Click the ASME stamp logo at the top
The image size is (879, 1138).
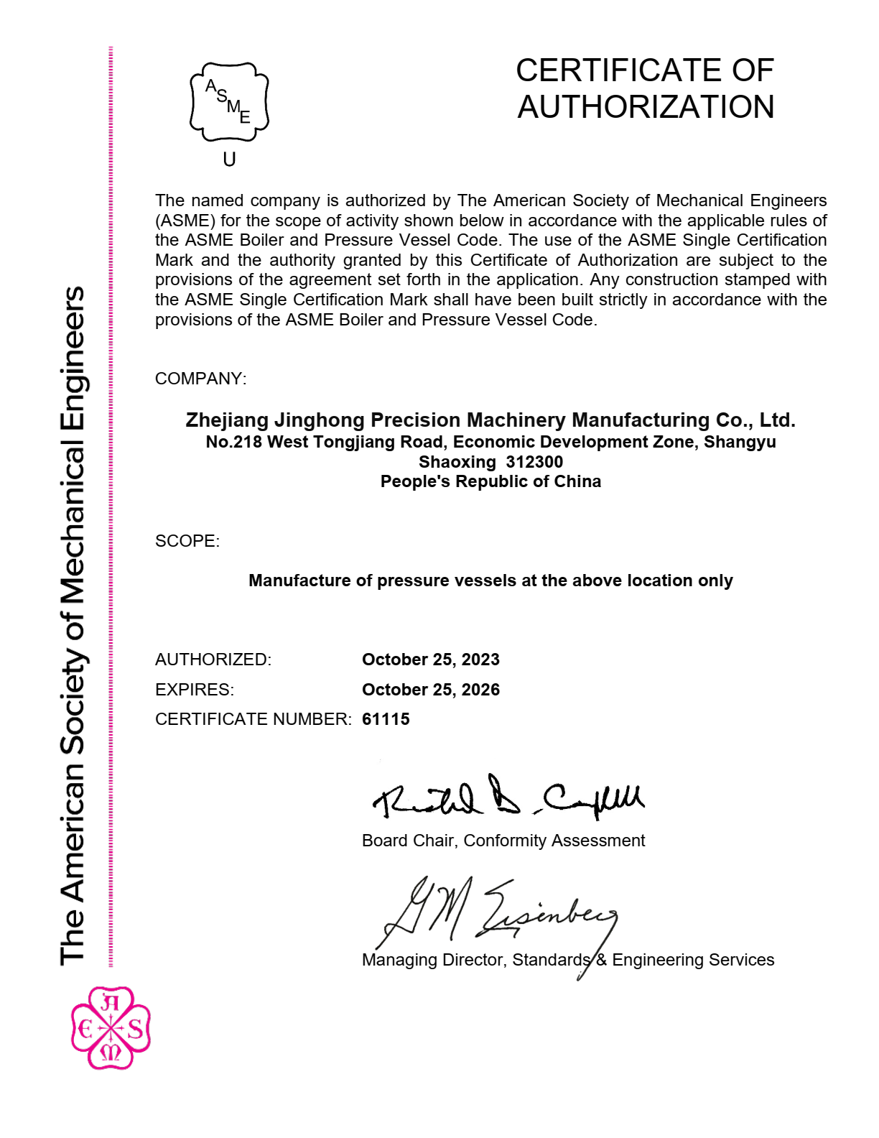(x=229, y=102)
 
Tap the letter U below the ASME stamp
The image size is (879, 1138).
(x=229, y=159)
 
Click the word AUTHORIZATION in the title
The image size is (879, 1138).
(x=646, y=107)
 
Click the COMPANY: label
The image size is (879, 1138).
(x=200, y=379)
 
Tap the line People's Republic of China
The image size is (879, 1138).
(x=490, y=481)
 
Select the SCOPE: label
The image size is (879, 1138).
(x=187, y=541)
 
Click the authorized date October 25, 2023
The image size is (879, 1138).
(x=430, y=660)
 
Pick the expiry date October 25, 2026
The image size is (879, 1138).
(x=430, y=690)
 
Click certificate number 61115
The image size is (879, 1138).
(x=386, y=719)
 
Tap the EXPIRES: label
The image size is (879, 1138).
(x=194, y=690)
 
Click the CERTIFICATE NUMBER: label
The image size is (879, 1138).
(x=253, y=719)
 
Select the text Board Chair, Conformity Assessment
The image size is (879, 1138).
(x=503, y=841)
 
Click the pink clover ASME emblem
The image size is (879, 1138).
(x=111, y=1028)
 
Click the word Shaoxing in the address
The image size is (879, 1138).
(x=457, y=462)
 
